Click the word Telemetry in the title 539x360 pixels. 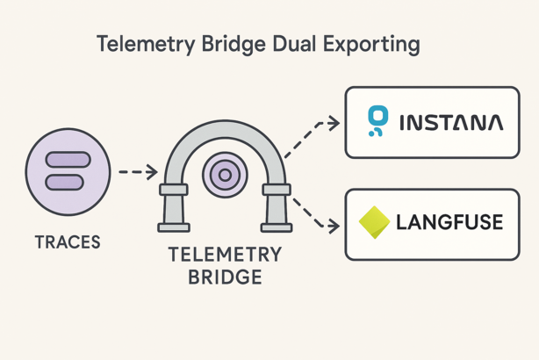141,44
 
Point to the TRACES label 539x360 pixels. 68,240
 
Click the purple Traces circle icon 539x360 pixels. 68,172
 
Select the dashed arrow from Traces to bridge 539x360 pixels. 137,172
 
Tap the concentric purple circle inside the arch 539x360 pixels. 225,176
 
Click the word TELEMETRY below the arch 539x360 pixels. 225,256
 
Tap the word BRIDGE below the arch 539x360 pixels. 225,277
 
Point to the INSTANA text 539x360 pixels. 451,123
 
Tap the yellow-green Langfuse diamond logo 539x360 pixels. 374,222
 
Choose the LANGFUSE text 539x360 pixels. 449,222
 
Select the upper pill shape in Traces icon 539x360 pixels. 68,161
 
